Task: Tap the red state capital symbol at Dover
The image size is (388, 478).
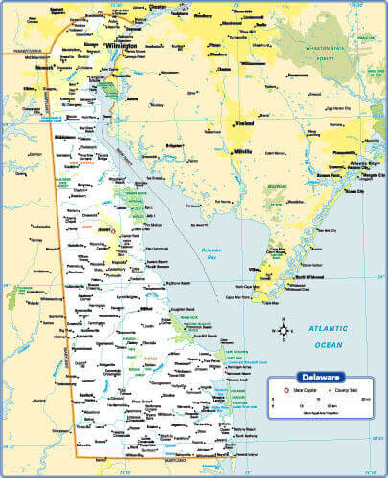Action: (113, 230)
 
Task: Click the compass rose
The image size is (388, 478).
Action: (285, 331)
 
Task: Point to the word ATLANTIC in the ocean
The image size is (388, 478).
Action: (327, 330)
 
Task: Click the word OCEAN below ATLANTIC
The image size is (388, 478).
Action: (327, 344)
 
